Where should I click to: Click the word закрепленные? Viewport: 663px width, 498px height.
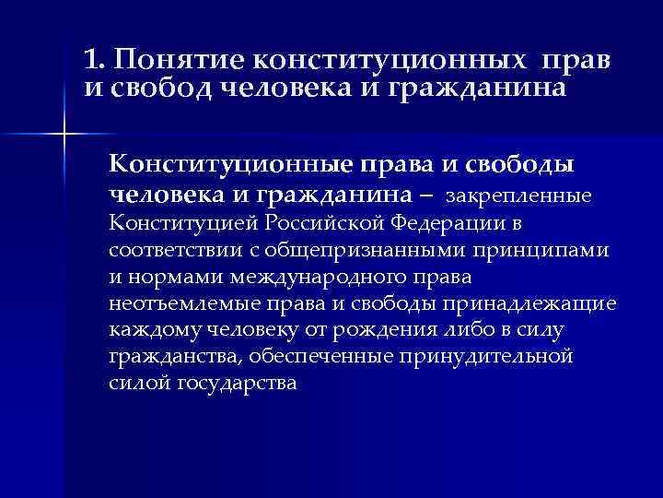[524, 196]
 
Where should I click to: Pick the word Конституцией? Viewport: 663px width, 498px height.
[181, 223]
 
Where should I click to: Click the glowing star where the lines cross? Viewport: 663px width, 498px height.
[64, 136]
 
